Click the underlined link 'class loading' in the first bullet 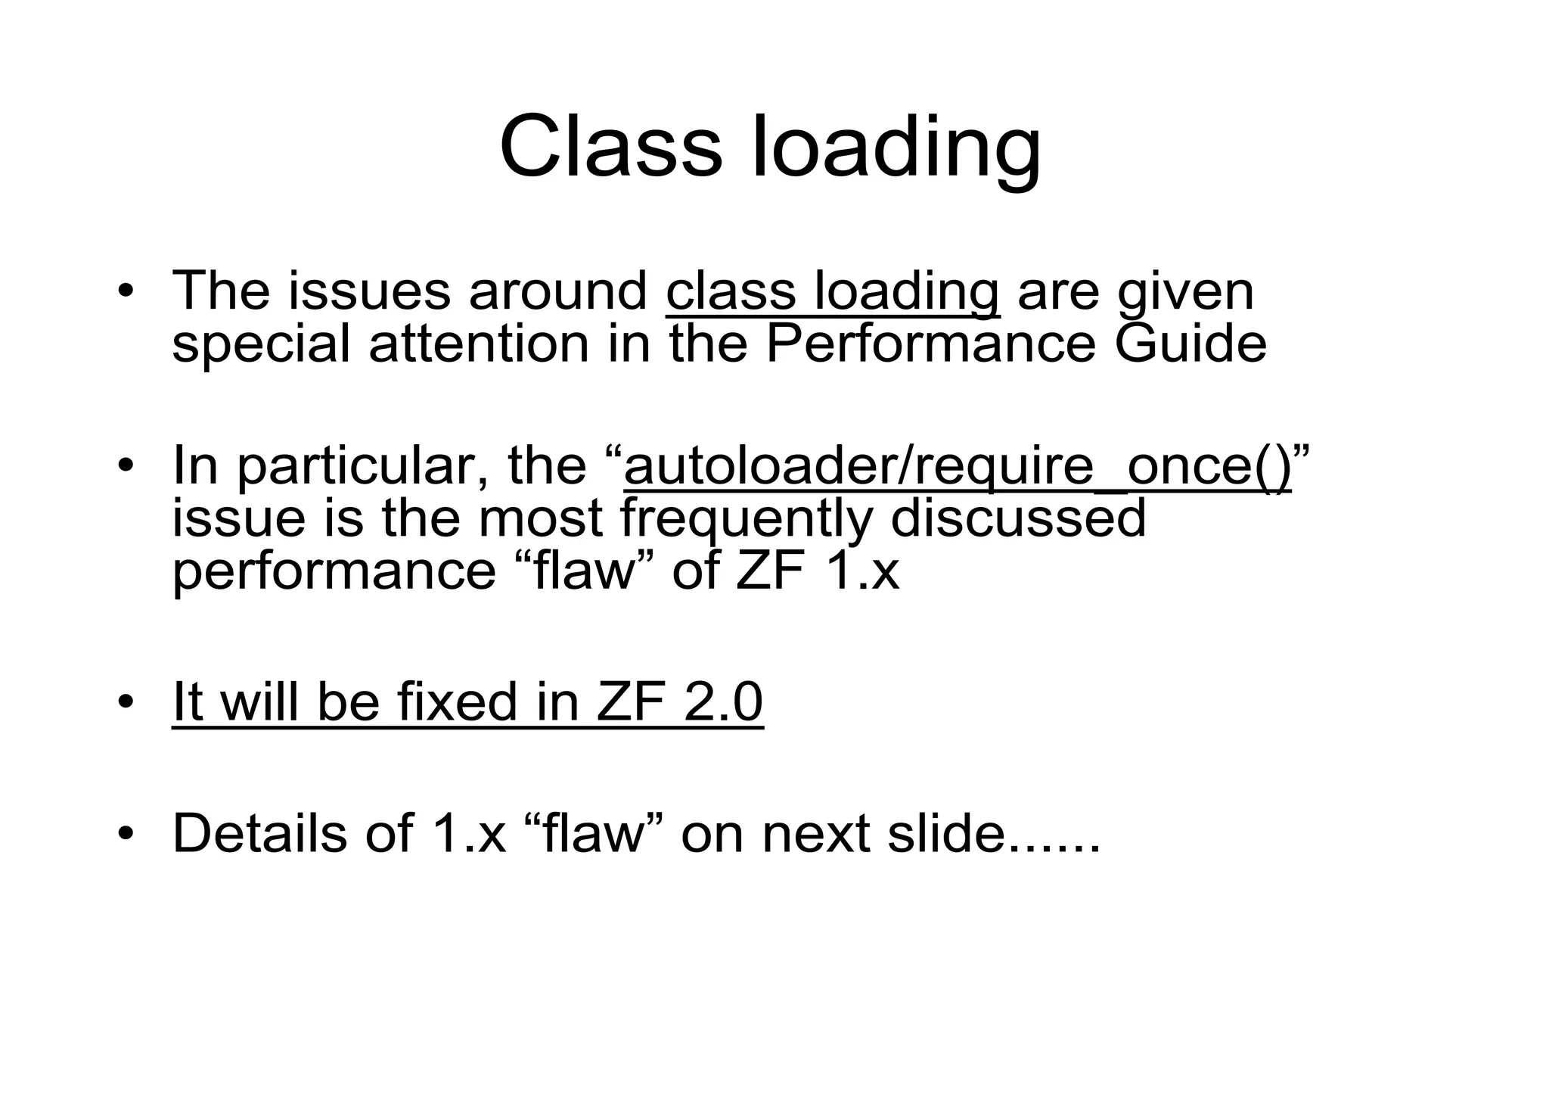point(833,291)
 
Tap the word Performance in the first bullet point(930,344)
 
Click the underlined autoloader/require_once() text point(958,466)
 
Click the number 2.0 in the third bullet point(723,701)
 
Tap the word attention point(479,344)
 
